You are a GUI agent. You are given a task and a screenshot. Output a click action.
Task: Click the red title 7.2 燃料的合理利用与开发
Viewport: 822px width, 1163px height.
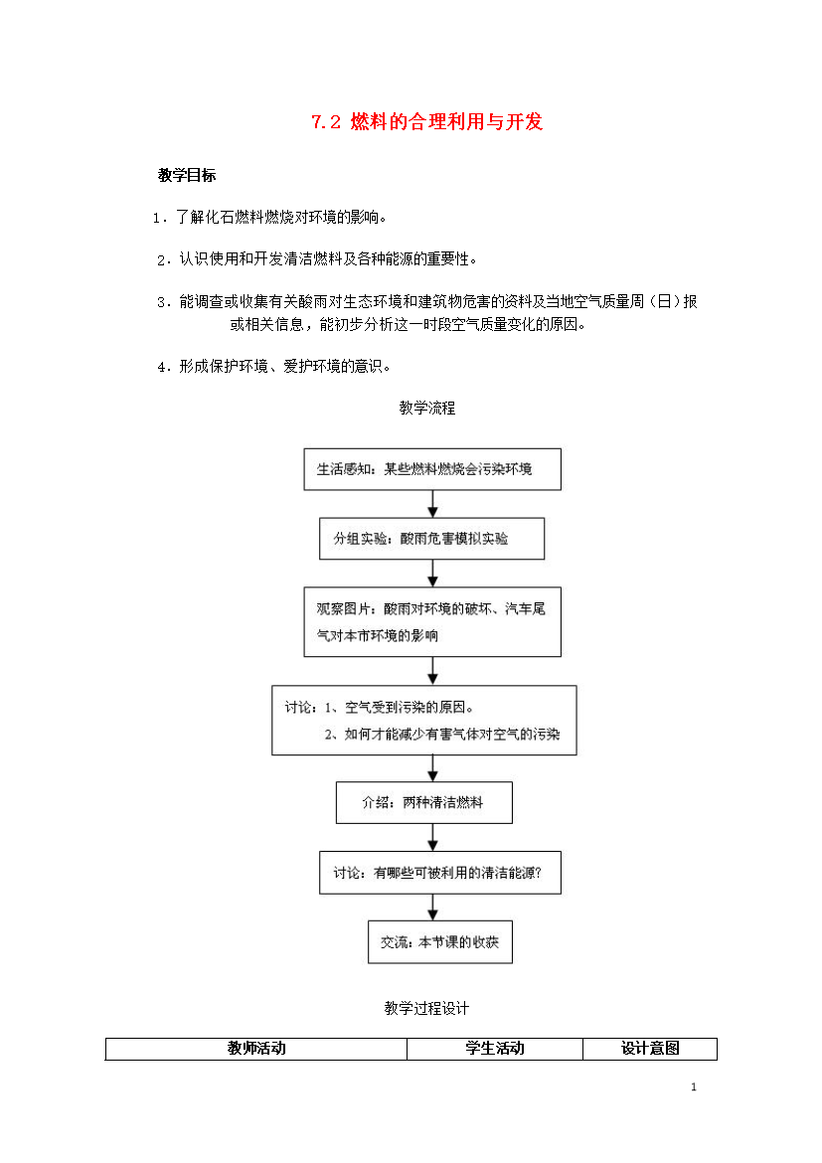click(426, 121)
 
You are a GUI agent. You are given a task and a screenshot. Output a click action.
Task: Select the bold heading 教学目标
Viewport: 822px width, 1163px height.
click(187, 175)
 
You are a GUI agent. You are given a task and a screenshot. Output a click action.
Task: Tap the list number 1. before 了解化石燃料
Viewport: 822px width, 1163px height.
click(159, 218)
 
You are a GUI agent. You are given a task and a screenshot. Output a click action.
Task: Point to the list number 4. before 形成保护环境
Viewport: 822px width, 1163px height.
click(163, 367)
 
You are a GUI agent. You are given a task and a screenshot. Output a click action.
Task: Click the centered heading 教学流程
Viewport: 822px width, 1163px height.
click(427, 408)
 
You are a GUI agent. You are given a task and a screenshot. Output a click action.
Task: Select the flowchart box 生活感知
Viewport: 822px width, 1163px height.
click(432, 469)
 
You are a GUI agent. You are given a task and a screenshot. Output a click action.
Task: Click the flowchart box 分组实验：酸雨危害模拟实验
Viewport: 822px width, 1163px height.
click(431, 539)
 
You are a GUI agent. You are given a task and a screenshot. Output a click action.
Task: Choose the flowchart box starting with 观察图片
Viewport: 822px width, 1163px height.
click(432, 621)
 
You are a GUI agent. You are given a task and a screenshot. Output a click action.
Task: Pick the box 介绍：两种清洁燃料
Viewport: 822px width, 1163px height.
click(424, 802)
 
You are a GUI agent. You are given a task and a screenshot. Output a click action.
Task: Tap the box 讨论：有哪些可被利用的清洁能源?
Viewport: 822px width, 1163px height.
click(440, 873)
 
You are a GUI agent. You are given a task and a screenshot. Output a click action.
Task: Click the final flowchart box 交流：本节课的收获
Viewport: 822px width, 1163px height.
click(440, 942)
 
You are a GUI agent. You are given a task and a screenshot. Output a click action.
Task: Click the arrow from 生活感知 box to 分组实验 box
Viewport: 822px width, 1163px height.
click(432, 504)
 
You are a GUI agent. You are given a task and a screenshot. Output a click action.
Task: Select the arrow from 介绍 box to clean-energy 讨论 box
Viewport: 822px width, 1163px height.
click(432, 837)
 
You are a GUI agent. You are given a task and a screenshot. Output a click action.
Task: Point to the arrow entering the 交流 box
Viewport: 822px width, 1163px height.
click(432, 908)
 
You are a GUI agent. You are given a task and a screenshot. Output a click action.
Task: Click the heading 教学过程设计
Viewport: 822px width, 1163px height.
click(426, 1008)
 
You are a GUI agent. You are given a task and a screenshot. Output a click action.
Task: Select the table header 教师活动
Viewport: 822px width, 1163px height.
click(256, 1048)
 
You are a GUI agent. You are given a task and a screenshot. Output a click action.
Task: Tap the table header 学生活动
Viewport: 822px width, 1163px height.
click(495, 1048)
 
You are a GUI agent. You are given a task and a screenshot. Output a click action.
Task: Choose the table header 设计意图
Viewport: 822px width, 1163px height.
click(650, 1048)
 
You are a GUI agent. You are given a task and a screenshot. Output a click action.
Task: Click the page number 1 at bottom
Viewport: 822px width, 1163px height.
click(694, 1087)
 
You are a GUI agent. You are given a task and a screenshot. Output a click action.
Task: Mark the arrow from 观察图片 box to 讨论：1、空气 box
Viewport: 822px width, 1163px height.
click(432, 671)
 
